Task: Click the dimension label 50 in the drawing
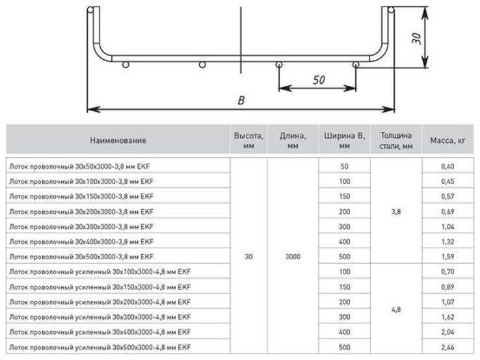(x=319, y=80)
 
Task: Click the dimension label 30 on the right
(x=418, y=38)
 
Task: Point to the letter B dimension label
(x=241, y=101)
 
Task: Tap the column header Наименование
(x=118, y=140)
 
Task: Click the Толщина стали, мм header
(x=396, y=140)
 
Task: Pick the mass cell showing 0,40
(x=447, y=166)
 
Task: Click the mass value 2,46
(x=447, y=347)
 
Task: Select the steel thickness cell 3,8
(x=396, y=211)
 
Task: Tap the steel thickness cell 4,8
(x=396, y=311)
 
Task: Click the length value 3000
(x=293, y=257)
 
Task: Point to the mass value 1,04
(x=447, y=227)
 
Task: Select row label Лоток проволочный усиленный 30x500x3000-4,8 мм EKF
(x=99, y=347)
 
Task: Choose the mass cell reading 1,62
(x=447, y=317)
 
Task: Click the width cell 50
(x=345, y=166)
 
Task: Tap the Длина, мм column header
(x=293, y=140)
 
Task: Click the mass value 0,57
(x=447, y=196)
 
